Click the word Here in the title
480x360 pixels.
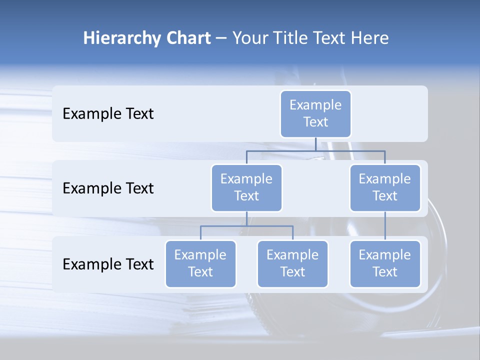(370, 38)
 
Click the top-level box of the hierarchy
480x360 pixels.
(315, 114)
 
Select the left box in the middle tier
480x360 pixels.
(246, 188)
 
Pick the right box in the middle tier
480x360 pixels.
(385, 188)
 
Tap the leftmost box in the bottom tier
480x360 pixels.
(200, 264)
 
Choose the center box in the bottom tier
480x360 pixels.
(292, 264)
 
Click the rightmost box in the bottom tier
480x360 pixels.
(385, 264)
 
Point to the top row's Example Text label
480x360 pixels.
(108, 114)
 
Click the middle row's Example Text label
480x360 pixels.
(108, 188)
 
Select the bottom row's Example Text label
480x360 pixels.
(108, 264)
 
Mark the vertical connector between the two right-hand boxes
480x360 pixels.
(385, 226)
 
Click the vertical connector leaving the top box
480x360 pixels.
(315, 144)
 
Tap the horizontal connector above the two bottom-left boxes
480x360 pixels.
(246, 226)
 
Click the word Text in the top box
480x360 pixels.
(315, 122)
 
